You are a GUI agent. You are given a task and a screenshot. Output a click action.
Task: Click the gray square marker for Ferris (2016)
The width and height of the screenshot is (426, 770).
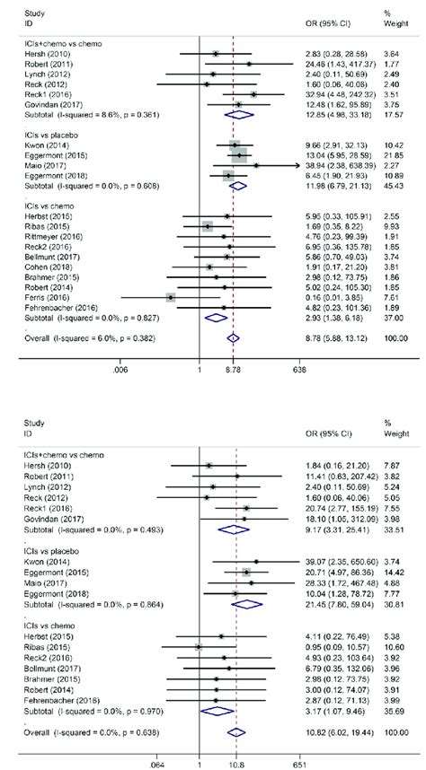pos(171,296)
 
